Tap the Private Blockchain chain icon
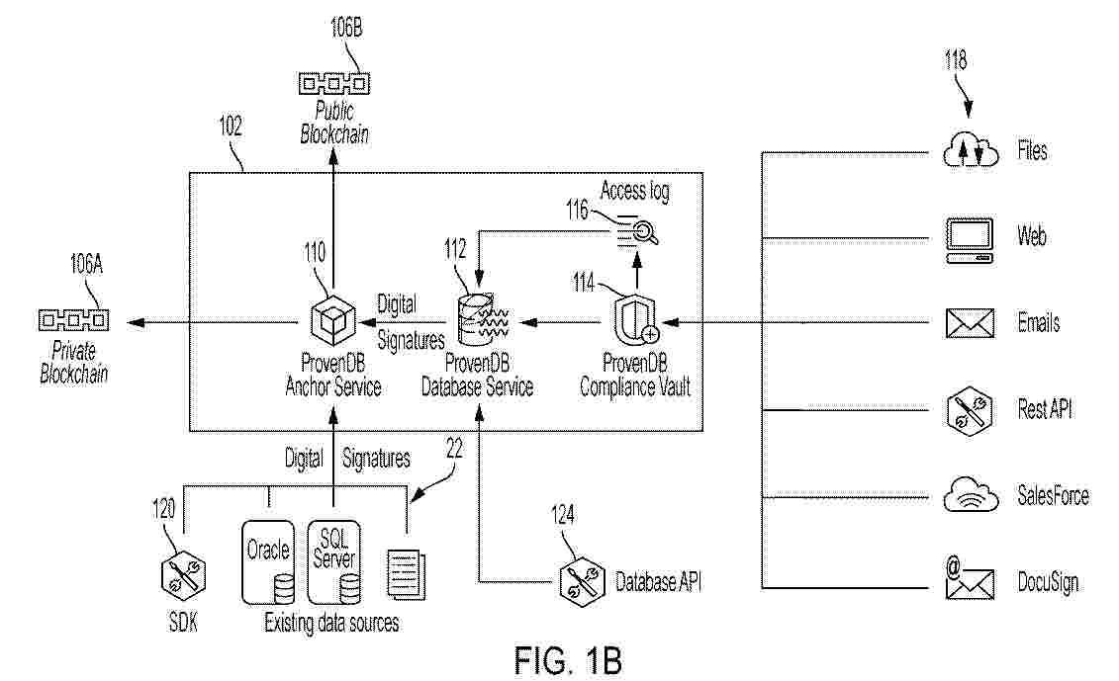(73, 320)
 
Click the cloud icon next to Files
(969, 152)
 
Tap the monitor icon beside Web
(969, 237)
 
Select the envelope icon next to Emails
(969, 323)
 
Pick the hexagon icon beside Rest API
(969, 409)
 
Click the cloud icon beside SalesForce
(969, 495)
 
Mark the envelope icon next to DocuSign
(969, 581)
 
